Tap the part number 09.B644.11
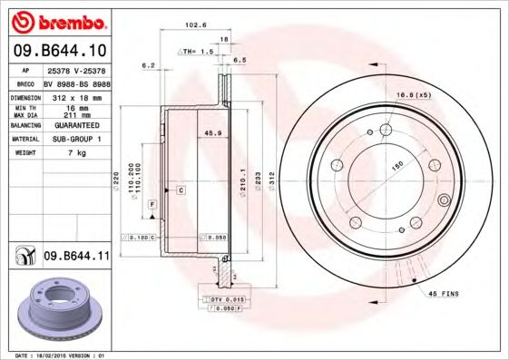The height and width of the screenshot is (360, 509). coord(75,258)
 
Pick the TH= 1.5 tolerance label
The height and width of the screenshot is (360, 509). coord(194,53)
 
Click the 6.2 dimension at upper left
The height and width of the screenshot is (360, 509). coord(149,65)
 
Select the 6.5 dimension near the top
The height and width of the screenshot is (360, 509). coord(240,60)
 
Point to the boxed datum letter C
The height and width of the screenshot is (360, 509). coord(181,190)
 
